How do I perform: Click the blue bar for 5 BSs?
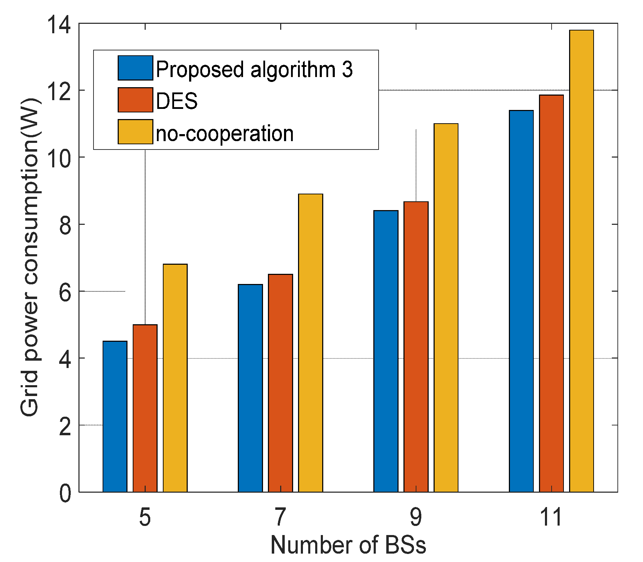(x=115, y=417)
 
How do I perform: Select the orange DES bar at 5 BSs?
(x=145, y=408)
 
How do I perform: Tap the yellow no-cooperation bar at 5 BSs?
(x=175, y=378)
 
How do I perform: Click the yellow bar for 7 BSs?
(x=310, y=343)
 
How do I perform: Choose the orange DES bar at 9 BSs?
(x=416, y=347)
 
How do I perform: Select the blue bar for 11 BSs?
(x=521, y=301)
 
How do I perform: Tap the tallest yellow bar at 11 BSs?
(x=581, y=261)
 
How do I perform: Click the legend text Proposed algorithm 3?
(x=254, y=69)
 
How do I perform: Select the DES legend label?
(x=177, y=101)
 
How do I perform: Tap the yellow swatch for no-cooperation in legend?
(x=135, y=132)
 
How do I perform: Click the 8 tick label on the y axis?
(x=65, y=225)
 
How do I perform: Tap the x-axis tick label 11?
(x=551, y=518)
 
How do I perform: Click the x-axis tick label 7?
(x=280, y=518)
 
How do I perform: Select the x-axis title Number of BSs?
(x=348, y=546)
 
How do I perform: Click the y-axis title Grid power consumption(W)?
(x=29, y=257)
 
